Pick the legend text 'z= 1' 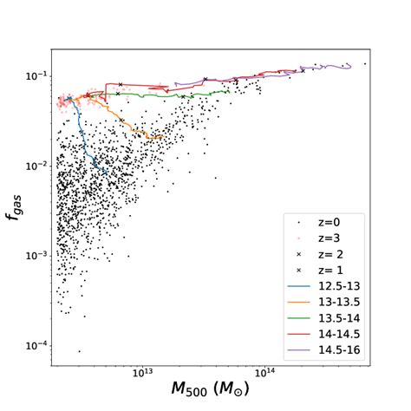coord(336,271)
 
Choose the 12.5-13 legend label coord(343,288)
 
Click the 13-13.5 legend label coord(343,305)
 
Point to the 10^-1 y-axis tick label coord(37,75)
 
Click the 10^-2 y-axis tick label coord(37,166)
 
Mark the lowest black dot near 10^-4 coord(79,351)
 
